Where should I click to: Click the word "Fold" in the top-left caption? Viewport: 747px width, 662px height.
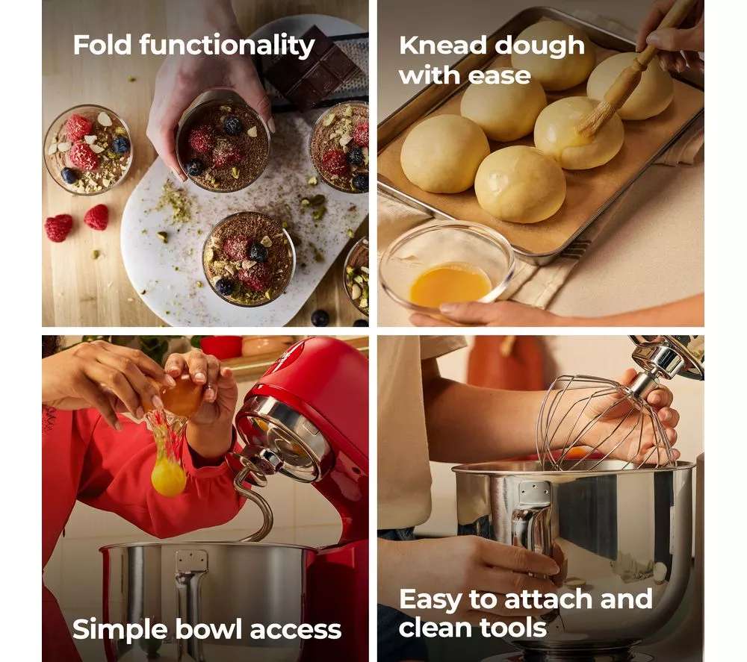coord(102,46)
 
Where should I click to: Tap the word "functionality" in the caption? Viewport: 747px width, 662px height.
coord(227,46)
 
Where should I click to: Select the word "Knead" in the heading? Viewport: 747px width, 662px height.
coord(441,46)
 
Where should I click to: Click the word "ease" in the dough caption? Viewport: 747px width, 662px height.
coord(499,76)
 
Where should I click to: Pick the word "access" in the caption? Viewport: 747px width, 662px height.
coord(295,631)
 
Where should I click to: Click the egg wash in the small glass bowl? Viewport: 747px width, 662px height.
coord(449,287)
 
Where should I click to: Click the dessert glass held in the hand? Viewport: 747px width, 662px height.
coord(223,141)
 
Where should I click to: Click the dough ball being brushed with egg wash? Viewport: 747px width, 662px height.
coord(578,134)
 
